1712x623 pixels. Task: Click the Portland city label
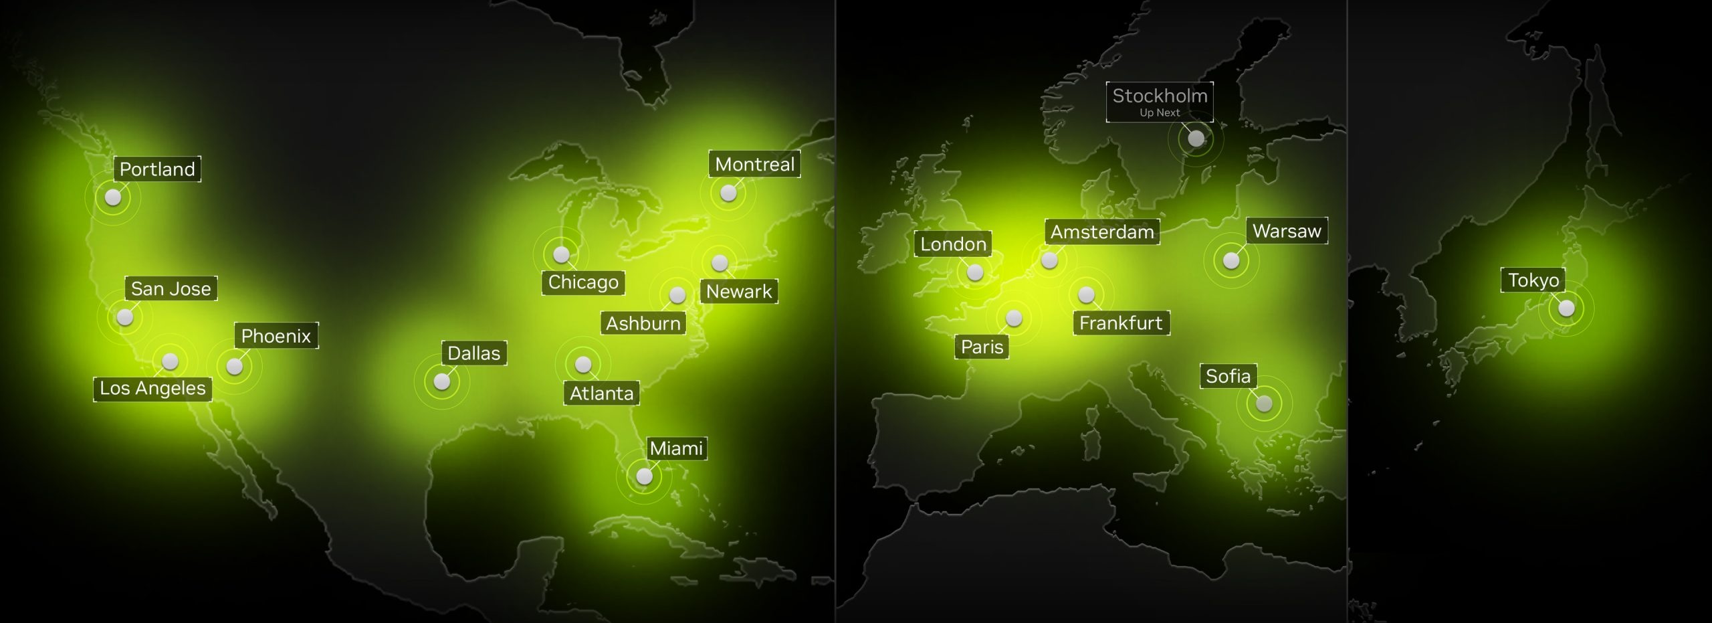pyautogui.click(x=157, y=169)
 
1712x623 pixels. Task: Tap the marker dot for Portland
pyautogui.click(x=113, y=197)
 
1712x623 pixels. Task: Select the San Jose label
pyautogui.click(x=171, y=288)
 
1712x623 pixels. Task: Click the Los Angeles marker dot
pyautogui.click(x=171, y=361)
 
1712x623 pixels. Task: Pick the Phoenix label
pyautogui.click(x=276, y=336)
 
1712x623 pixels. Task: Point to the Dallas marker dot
pyautogui.click(x=442, y=381)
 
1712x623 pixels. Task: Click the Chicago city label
pyautogui.click(x=583, y=282)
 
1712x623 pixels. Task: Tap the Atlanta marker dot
pyautogui.click(x=583, y=365)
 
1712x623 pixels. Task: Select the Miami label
pyautogui.click(x=676, y=448)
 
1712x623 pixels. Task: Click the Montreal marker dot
pyautogui.click(x=728, y=193)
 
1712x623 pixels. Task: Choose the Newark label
pyautogui.click(x=739, y=292)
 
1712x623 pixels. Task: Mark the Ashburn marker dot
pyautogui.click(x=677, y=295)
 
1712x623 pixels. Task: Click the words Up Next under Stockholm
pyautogui.click(x=1160, y=113)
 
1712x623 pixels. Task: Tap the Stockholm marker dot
pyautogui.click(x=1196, y=139)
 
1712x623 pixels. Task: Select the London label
pyautogui.click(x=953, y=244)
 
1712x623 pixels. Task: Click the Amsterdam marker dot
pyautogui.click(x=1049, y=260)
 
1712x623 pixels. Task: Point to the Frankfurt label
pyautogui.click(x=1121, y=323)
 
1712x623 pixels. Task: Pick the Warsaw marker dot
pyautogui.click(x=1231, y=260)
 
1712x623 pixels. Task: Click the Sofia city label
pyautogui.click(x=1228, y=376)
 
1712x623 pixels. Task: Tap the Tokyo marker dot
pyautogui.click(x=1567, y=308)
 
